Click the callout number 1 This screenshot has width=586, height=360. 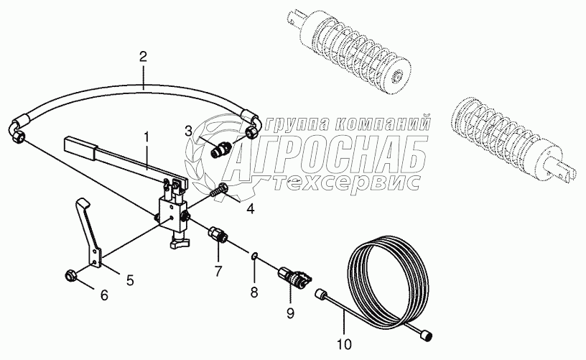(146, 137)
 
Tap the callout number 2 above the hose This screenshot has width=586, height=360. (143, 57)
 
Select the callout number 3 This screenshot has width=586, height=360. (188, 131)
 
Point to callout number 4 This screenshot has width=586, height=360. (250, 208)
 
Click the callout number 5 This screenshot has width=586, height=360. (130, 280)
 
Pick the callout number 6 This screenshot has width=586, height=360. (104, 295)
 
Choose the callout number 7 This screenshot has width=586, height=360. (218, 270)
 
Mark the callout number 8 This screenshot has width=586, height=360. (254, 292)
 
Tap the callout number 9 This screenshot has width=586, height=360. (290, 313)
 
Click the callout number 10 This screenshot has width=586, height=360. (344, 344)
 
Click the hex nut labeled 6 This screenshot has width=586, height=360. (70, 277)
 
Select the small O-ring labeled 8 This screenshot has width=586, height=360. (254, 256)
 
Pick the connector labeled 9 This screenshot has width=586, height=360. (295, 277)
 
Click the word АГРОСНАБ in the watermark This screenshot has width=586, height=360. (326, 157)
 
